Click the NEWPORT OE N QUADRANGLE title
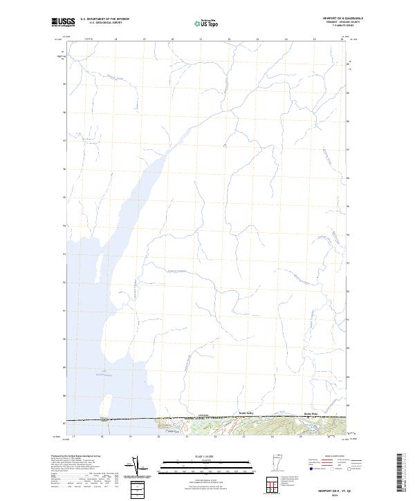344,19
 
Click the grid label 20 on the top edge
172,39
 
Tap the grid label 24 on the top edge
286,39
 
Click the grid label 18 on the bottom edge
102,436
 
